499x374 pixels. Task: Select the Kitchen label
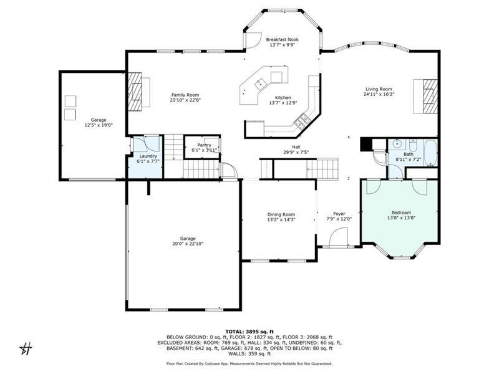coord(283,98)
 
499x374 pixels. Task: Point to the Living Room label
coord(379,89)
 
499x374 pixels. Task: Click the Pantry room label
coord(205,145)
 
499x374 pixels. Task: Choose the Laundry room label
coord(148,156)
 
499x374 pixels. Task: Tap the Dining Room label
coord(281,214)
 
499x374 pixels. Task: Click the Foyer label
coord(339,214)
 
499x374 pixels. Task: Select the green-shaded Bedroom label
coord(400,213)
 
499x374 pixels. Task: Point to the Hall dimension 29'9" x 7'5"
coord(296,152)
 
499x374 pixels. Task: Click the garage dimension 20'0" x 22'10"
coord(188,243)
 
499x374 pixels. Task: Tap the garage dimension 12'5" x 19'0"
coord(98,125)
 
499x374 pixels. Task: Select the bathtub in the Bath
coord(429,148)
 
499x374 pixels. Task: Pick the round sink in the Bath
coord(397,143)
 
